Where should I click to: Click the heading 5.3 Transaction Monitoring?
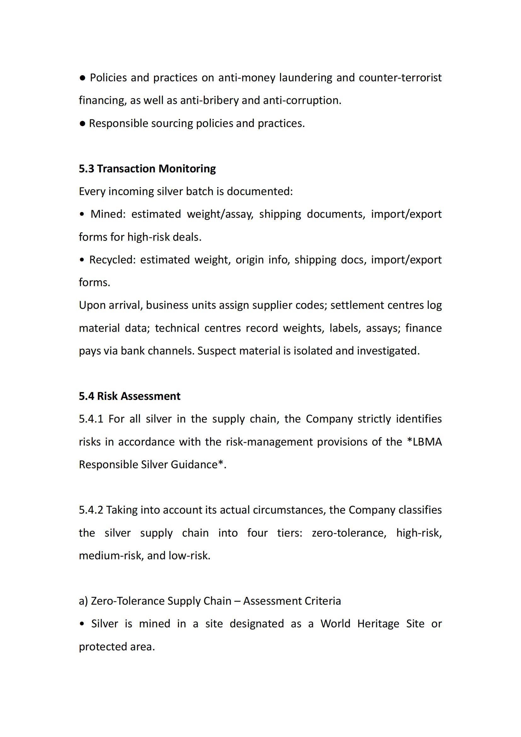pyautogui.click(x=147, y=169)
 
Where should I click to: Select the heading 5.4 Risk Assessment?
pyautogui.click(x=129, y=396)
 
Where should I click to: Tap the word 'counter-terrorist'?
pyautogui.click(x=400, y=78)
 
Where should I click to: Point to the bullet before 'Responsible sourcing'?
pyautogui.click(x=83, y=124)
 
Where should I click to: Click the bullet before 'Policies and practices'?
pyautogui.click(x=83, y=78)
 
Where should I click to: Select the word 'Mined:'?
pyautogui.click(x=108, y=214)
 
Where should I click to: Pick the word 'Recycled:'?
pyautogui.click(x=112, y=260)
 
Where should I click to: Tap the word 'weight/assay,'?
pyautogui.click(x=220, y=214)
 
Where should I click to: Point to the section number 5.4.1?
pyautogui.click(x=91, y=419)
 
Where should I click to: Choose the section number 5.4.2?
pyautogui.click(x=91, y=510)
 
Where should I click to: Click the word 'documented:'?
pyautogui.click(x=260, y=191)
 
